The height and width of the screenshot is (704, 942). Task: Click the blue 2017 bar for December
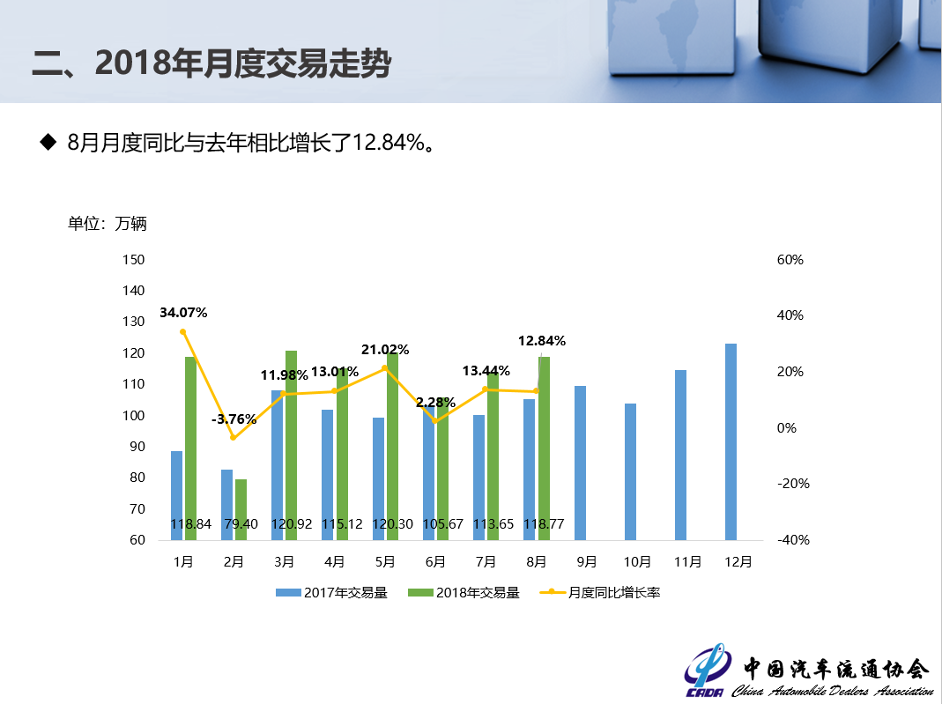click(x=731, y=441)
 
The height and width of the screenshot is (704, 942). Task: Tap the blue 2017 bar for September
click(x=580, y=462)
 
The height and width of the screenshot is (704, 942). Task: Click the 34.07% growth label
click(x=183, y=313)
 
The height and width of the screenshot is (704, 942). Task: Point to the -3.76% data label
click(x=234, y=419)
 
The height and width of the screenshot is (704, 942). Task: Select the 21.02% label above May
click(x=385, y=350)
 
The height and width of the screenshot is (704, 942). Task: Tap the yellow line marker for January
click(x=183, y=332)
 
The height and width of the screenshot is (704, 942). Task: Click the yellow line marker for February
click(x=234, y=438)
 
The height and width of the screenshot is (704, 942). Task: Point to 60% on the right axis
click(x=790, y=260)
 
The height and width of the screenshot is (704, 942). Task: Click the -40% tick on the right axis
click(x=793, y=540)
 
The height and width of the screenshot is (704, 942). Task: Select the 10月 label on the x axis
click(x=637, y=561)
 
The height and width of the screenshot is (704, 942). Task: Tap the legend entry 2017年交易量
click(x=332, y=593)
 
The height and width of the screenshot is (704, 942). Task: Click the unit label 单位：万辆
click(x=108, y=224)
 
